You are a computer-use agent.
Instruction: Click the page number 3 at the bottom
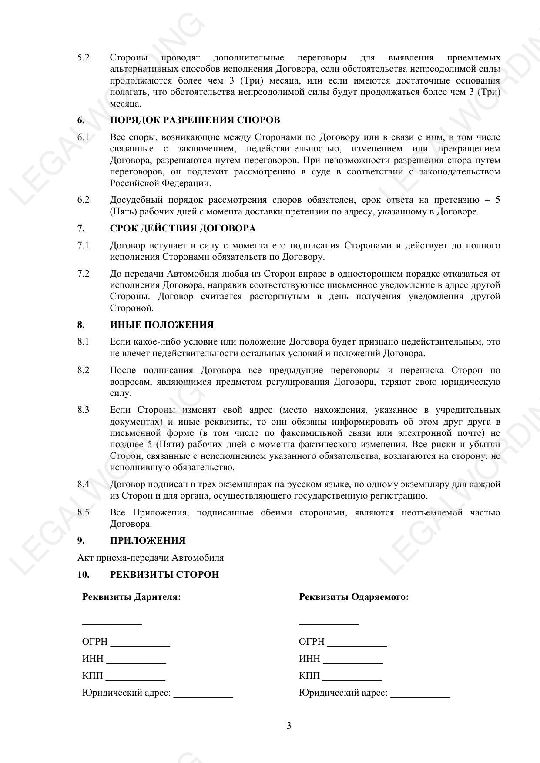tap(289, 726)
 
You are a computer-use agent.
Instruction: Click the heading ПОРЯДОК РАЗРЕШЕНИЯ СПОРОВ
tap(195, 120)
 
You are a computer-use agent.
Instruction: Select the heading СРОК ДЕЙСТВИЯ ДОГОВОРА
tap(183, 228)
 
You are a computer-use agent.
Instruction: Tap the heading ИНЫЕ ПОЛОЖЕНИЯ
tap(162, 325)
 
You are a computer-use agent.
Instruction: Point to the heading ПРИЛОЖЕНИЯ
tap(148, 541)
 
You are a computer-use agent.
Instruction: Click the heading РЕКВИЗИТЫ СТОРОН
tap(164, 575)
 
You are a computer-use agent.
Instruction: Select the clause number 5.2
tap(83, 57)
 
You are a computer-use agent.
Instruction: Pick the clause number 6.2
tap(83, 200)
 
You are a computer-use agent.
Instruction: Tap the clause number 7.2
tap(83, 274)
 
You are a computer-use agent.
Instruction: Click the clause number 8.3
tap(83, 410)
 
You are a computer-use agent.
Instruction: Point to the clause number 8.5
tap(83, 512)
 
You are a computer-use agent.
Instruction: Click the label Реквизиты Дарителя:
tap(131, 597)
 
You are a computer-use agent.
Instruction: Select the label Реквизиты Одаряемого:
tap(354, 597)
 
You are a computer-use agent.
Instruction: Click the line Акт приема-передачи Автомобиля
tap(151, 558)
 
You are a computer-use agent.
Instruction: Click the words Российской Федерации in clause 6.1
tap(161, 183)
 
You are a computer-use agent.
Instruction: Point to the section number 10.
tap(83, 575)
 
